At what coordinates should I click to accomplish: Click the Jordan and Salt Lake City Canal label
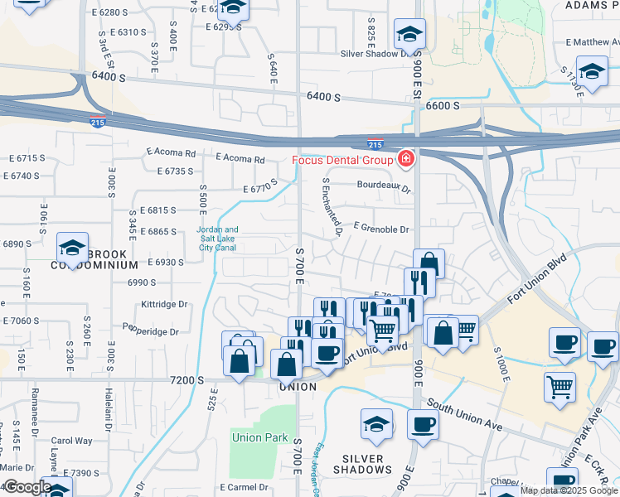tap(217, 239)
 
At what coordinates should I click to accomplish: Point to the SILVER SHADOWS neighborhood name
tap(362, 464)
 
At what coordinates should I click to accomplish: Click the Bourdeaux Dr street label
tap(384, 187)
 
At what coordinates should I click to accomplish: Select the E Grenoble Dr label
tap(381, 229)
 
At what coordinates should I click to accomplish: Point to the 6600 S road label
tap(443, 105)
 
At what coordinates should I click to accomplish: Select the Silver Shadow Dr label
tap(377, 54)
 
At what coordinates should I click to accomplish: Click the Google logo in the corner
tap(27, 487)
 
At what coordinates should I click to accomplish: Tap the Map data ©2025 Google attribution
tap(568, 490)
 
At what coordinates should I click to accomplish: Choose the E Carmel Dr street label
tap(245, 487)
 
